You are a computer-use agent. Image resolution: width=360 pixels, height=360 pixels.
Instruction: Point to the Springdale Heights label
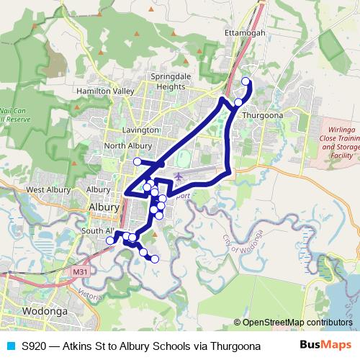[167, 81]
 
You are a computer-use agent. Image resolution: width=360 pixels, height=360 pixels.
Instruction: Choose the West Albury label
[47, 190]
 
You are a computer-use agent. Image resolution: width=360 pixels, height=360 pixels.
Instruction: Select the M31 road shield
[81, 272]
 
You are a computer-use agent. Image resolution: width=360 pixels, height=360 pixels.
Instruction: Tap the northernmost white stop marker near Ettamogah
[246, 81]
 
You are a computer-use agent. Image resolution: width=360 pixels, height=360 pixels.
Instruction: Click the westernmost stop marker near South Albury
[110, 240]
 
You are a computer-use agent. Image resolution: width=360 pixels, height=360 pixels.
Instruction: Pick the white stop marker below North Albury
[138, 161]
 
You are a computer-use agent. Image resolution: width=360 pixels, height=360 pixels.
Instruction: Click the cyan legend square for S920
[10, 346]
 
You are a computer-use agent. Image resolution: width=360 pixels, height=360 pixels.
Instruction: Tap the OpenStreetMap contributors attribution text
[292, 323]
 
